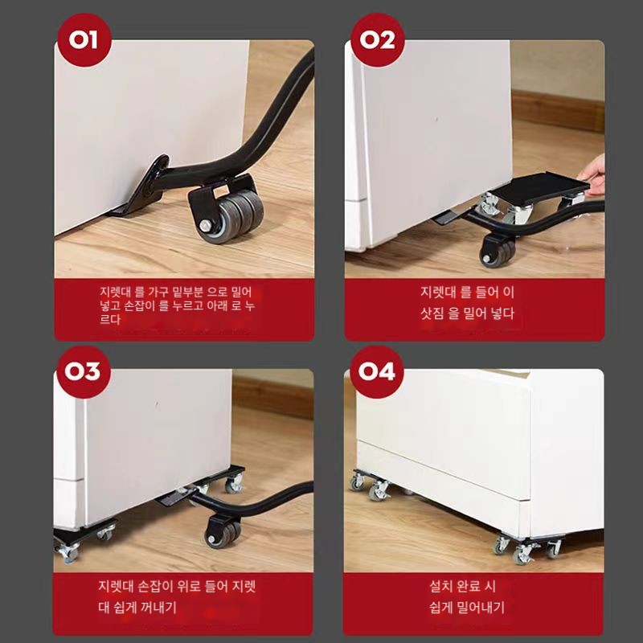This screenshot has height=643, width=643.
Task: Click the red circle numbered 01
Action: point(84,39)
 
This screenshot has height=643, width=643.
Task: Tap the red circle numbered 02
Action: point(378,39)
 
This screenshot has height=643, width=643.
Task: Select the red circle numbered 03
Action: point(84,371)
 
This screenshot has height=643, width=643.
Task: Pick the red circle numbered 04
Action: point(377,371)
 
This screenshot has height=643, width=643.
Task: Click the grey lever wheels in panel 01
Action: point(231,215)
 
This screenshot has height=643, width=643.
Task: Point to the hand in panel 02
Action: point(592,174)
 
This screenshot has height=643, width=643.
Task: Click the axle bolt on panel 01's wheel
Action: point(203,225)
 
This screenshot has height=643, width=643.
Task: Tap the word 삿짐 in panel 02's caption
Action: point(432,313)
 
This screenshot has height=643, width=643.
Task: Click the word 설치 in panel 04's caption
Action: point(440,586)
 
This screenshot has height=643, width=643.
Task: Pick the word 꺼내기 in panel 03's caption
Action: point(158,607)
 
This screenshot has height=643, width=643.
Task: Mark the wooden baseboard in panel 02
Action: point(558,109)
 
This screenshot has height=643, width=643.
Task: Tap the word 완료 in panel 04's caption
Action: point(468,586)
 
